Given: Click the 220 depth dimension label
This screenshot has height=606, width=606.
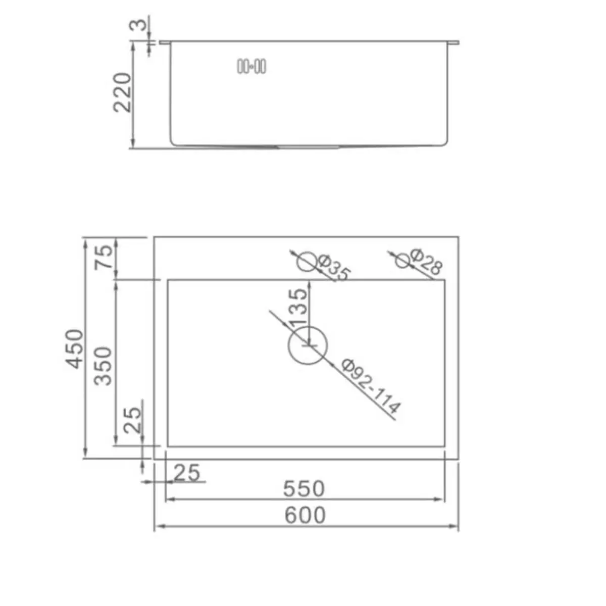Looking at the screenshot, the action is [122, 92].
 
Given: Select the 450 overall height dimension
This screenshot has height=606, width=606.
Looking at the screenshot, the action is [75, 349].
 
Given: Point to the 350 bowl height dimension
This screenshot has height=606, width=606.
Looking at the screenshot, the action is [104, 366].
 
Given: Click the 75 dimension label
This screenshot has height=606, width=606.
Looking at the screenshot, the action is [104, 257].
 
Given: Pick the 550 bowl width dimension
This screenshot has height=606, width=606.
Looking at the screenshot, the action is [304, 488].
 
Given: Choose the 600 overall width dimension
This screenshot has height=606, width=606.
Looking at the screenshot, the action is [305, 515].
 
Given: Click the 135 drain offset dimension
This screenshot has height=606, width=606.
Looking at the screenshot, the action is [297, 307].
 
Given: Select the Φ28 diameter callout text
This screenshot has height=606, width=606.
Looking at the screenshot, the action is [426, 262].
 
